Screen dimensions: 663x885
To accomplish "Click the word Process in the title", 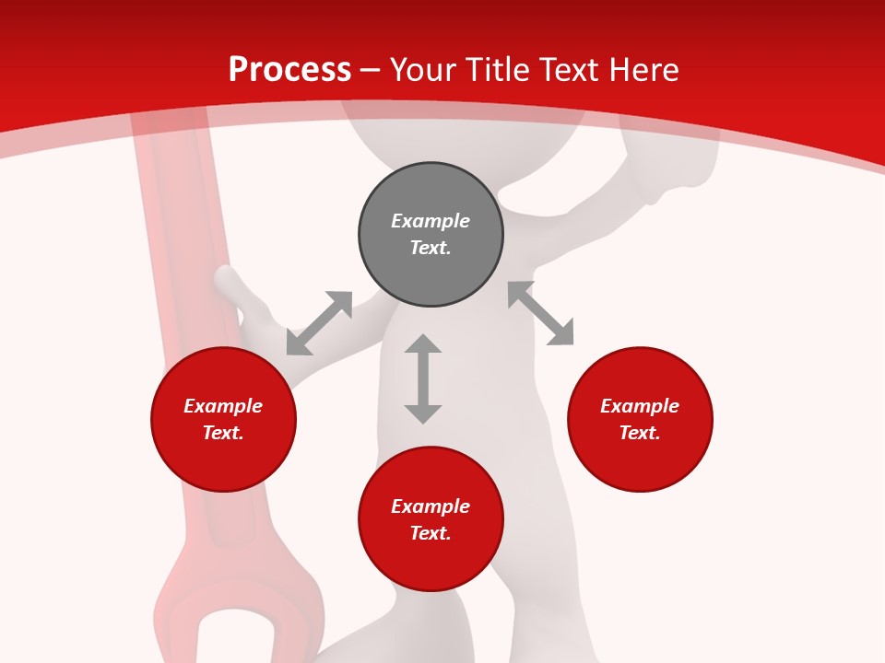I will click(x=289, y=70).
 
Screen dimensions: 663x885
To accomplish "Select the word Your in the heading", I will click(x=423, y=70).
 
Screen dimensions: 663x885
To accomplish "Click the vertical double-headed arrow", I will click(x=423, y=378).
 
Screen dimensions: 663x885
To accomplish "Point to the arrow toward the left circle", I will click(x=319, y=323).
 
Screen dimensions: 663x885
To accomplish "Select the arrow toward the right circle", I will click(x=540, y=313).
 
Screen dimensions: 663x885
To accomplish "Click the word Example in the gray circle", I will click(x=431, y=221).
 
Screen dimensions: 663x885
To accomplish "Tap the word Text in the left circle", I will click(x=223, y=433).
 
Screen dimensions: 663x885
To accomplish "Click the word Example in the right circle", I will click(x=640, y=406).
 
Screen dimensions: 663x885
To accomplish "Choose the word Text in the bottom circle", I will click(x=431, y=533).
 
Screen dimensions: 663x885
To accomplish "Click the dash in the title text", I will click(x=370, y=71).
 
